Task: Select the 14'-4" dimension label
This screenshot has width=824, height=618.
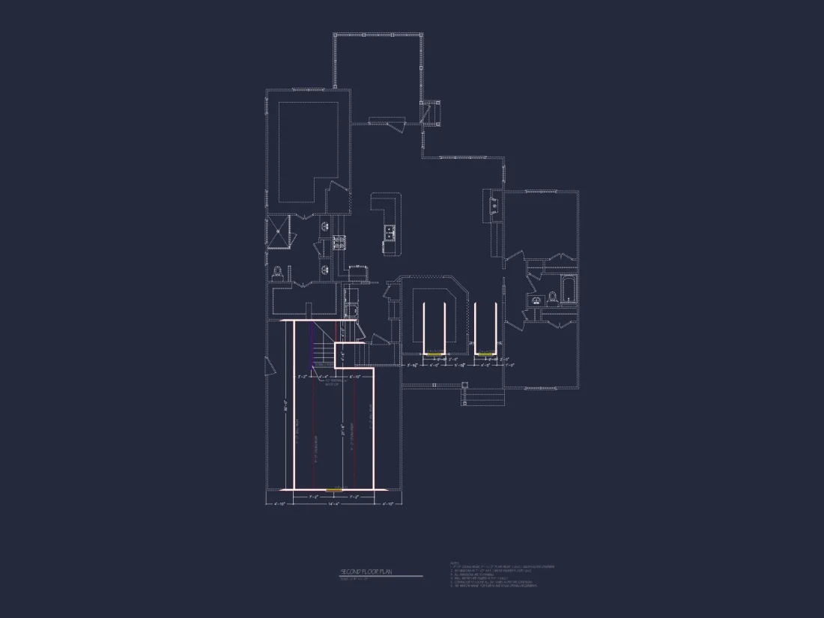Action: [335, 503]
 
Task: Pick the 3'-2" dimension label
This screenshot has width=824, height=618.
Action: [303, 376]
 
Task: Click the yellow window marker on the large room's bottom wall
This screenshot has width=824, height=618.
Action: [334, 489]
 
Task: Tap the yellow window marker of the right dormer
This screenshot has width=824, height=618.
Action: [485, 353]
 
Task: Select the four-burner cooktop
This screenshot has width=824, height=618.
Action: [339, 242]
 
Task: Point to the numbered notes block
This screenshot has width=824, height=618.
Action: [502, 575]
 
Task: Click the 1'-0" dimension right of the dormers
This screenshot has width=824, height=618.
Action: [510, 366]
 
